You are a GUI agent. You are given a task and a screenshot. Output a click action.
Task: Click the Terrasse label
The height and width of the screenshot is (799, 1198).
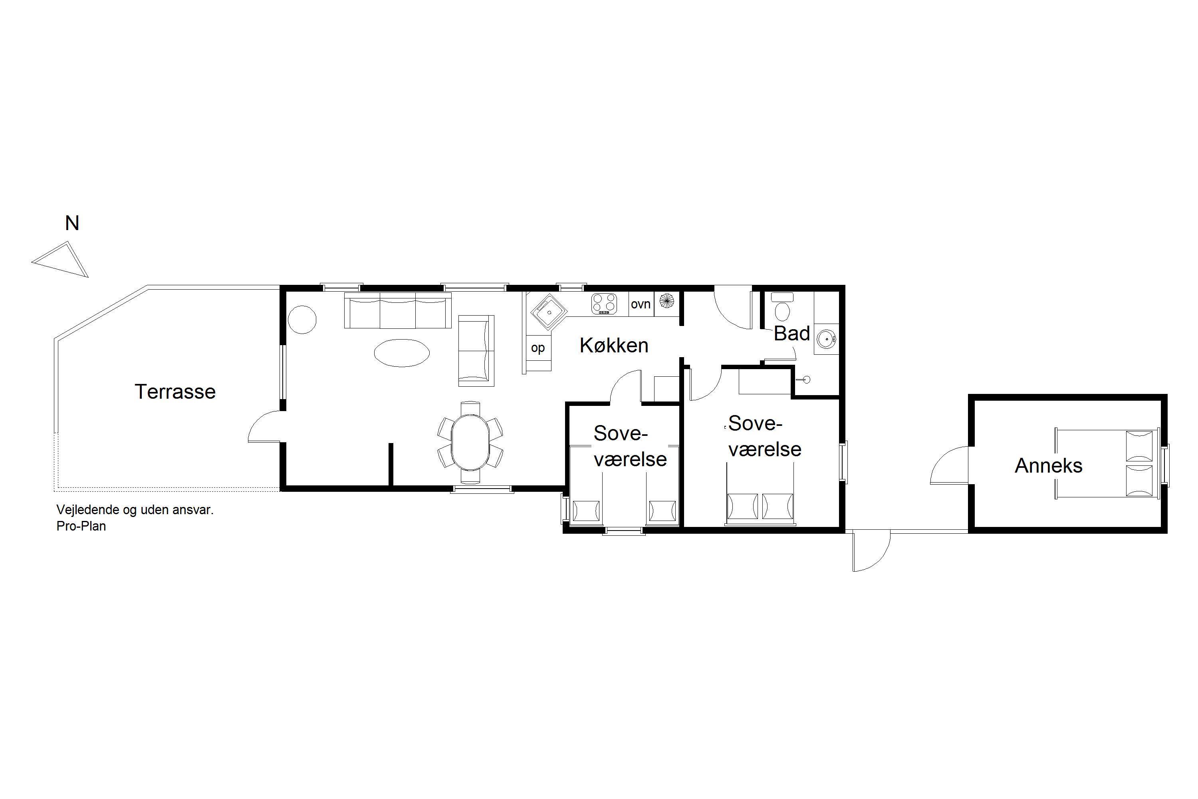[x=175, y=392]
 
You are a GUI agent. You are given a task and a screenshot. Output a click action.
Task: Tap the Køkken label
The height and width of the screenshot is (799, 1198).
[x=614, y=346]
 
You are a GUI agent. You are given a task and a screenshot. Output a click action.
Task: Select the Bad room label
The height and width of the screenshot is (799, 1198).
[x=791, y=333]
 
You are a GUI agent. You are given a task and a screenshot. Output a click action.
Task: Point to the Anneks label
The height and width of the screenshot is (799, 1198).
[x=1048, y=465]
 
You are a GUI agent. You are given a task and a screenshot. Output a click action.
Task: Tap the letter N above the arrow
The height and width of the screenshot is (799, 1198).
[x=72, y=223]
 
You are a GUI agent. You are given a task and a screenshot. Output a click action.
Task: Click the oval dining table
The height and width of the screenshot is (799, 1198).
[x=471, y=442]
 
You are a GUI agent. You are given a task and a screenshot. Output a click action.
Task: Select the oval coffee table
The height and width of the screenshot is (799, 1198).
[x=401, y=353]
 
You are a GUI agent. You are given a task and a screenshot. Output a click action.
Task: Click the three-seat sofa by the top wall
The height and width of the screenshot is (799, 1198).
[x=398, y=310]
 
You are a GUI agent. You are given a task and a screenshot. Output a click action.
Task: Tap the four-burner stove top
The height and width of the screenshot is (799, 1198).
[x=604, y=304]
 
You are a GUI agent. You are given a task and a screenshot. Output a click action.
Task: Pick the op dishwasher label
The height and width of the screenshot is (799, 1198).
[x=538, y=348]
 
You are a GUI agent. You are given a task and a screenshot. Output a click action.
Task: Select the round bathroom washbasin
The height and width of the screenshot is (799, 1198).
[x=826, y=338]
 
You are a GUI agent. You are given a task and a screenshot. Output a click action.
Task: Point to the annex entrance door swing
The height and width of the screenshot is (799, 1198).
[x=950, y=465]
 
